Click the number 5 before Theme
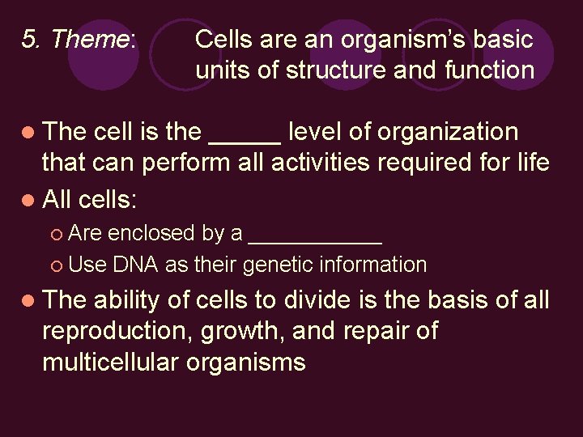coord(28,39)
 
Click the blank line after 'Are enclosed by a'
coord(316,239)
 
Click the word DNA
coord(136,265)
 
